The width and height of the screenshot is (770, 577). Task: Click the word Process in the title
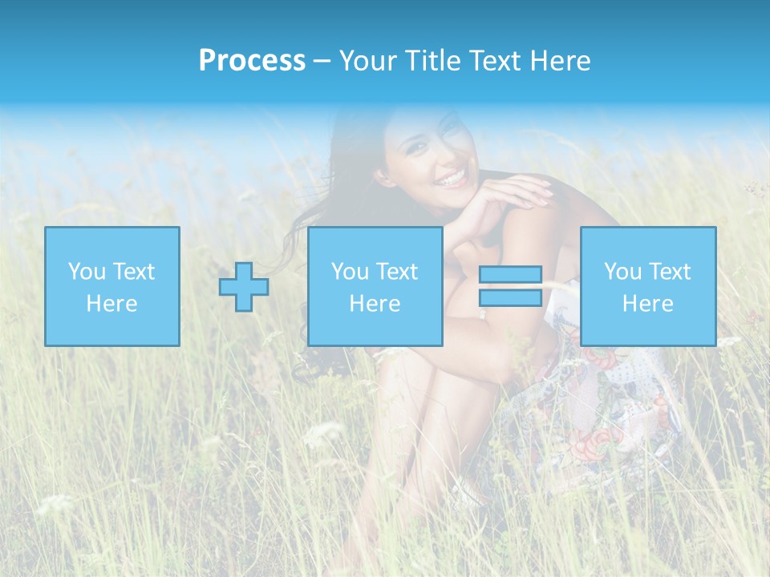pos(252,60)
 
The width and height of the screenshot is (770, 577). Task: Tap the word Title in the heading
pos(432,60)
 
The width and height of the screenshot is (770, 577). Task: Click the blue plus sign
pos(244,287)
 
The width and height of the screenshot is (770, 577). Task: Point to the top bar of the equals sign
pos(510,275)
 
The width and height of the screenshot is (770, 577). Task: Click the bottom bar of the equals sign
pos(510,297)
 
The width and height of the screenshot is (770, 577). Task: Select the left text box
pos(112,287)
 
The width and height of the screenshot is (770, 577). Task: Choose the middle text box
pos(375,287)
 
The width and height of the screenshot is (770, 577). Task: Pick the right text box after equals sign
pos(648,287)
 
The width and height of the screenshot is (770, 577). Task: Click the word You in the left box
pos(86,272)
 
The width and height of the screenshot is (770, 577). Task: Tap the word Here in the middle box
pos(375,304)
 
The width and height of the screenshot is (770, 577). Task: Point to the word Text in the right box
pos(670,272)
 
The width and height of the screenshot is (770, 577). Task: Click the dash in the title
pos(322,61)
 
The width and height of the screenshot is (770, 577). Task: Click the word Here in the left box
pos(112,304)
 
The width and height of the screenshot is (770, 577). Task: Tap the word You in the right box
pos(622,272)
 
